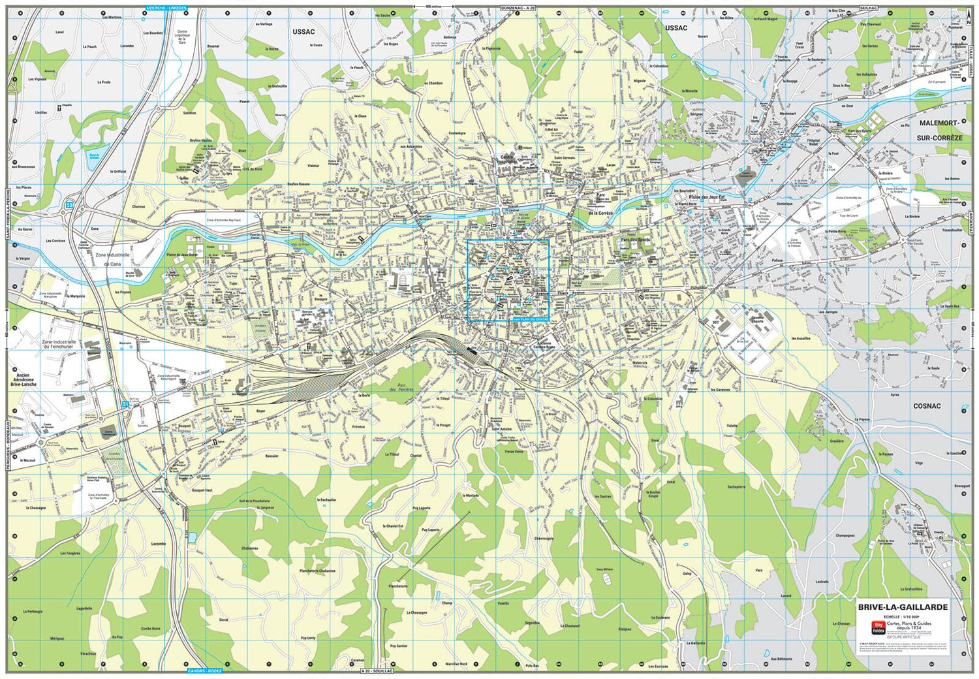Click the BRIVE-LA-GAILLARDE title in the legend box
pyautogui.click(x=903, y=607)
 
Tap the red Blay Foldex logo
pyautogui.click(x=878, y=627)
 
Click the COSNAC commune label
pyautogui.click(x=927, y=406)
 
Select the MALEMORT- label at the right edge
pyautogui.click(x=939, y=123)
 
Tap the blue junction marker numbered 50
pyautogui.click(x=69, y=206)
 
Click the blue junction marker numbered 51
pyautogui.click(x=125, y=405)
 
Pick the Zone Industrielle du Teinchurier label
pyautogui.click(x=59, y=344)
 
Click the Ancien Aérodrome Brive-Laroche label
pyautogui.click(x=23, y=380)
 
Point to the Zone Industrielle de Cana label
pyautogui.click(x=113, y=259)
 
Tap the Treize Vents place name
pyautogui.click(x=514, y=451)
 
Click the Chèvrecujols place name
pyautogui.click(x=544, y=539)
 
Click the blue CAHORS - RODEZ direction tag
pyautogui.click(x=204, y=671)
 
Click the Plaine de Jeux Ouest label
pyautogui.click(x=181, y=255)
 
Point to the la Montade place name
pyautogui.click(x=471, y=496)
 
